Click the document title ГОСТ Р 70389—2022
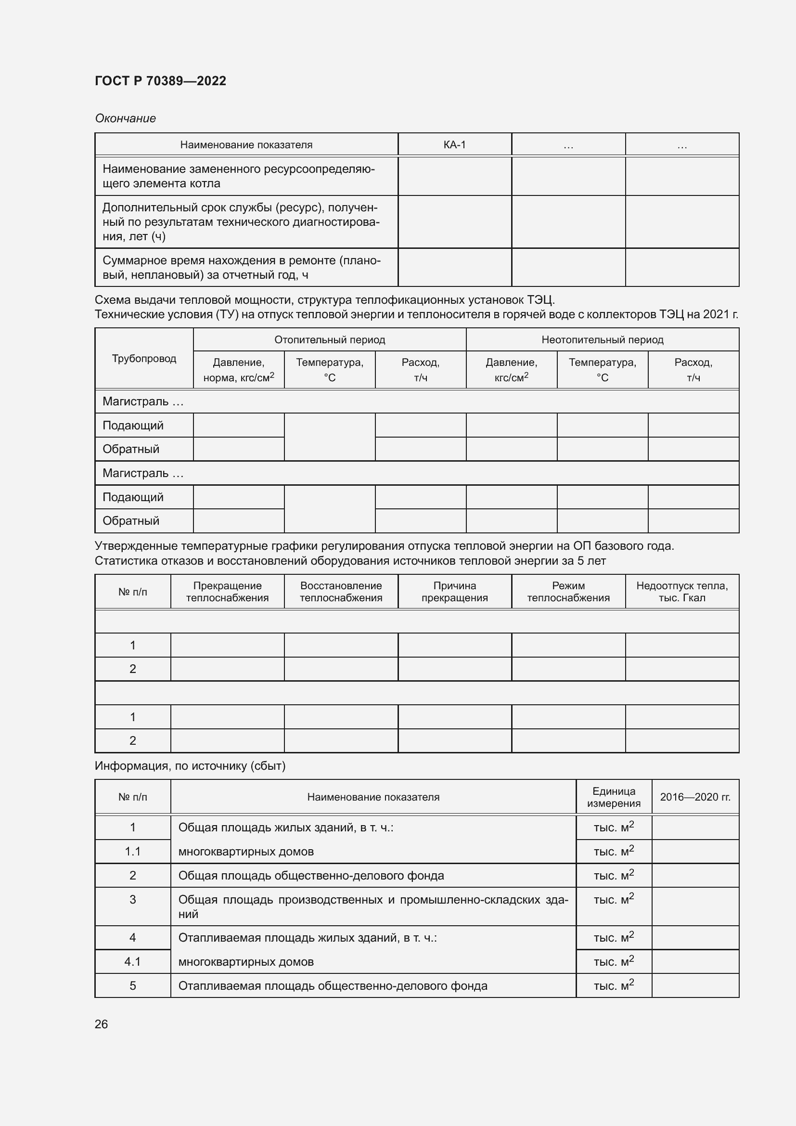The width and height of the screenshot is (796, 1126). coord(160,81)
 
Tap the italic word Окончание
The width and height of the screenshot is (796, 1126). coord(125,118)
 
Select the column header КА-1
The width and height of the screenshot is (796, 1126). coord(454,145)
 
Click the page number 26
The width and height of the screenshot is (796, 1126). coord(101,1024)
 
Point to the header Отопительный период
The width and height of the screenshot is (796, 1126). coord(329,339)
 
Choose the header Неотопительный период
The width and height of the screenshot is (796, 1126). coord(602,339)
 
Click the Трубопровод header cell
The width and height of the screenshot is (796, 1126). coord(143,359)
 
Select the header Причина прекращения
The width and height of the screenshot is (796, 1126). coord(454,592)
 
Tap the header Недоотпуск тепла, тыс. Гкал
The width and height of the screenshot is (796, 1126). coord(682,592)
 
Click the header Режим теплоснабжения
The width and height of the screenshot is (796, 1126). coord(568,592)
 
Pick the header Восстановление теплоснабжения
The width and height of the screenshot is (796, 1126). coord(341,592)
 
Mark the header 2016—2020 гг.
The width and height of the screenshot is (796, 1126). coord(695,797)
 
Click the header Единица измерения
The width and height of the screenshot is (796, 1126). coord(614,797)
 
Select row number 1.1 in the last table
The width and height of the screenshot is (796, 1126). coord(132,852)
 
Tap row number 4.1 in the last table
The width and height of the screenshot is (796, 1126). coord(132,962)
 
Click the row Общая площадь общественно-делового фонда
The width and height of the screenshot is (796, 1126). coord(311,875)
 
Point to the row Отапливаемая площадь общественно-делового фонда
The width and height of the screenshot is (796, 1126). coord(333,986)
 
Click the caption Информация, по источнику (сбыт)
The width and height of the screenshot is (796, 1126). coord(190,765)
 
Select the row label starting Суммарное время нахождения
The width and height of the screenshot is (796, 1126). coord(241,267)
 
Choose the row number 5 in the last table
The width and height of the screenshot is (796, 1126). coord(132,986)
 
